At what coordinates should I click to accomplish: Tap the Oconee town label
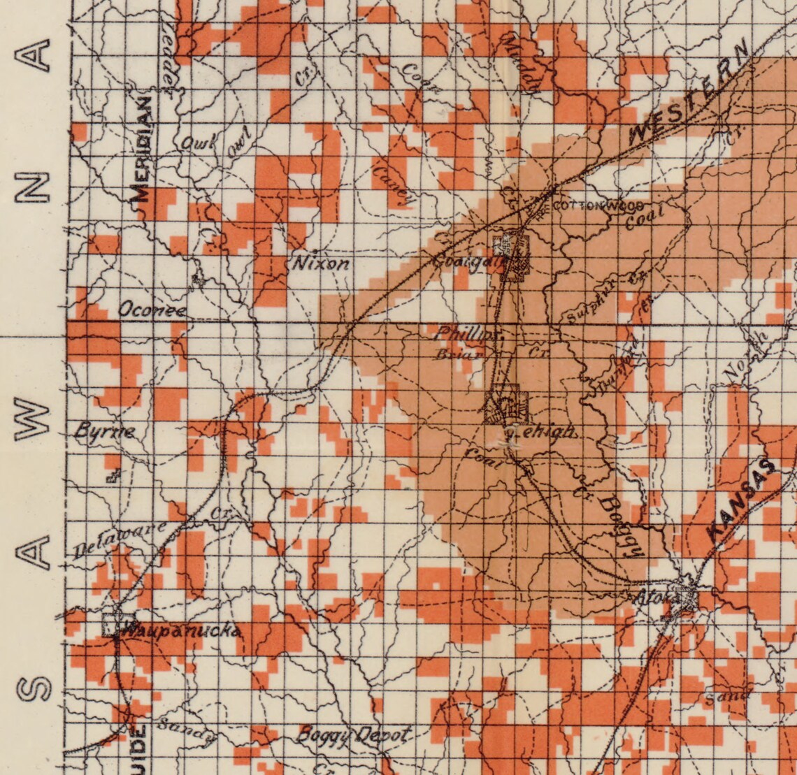pos(152,310)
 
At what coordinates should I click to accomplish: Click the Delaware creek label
pos(120,539)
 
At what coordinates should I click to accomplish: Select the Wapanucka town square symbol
pos(113,624)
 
